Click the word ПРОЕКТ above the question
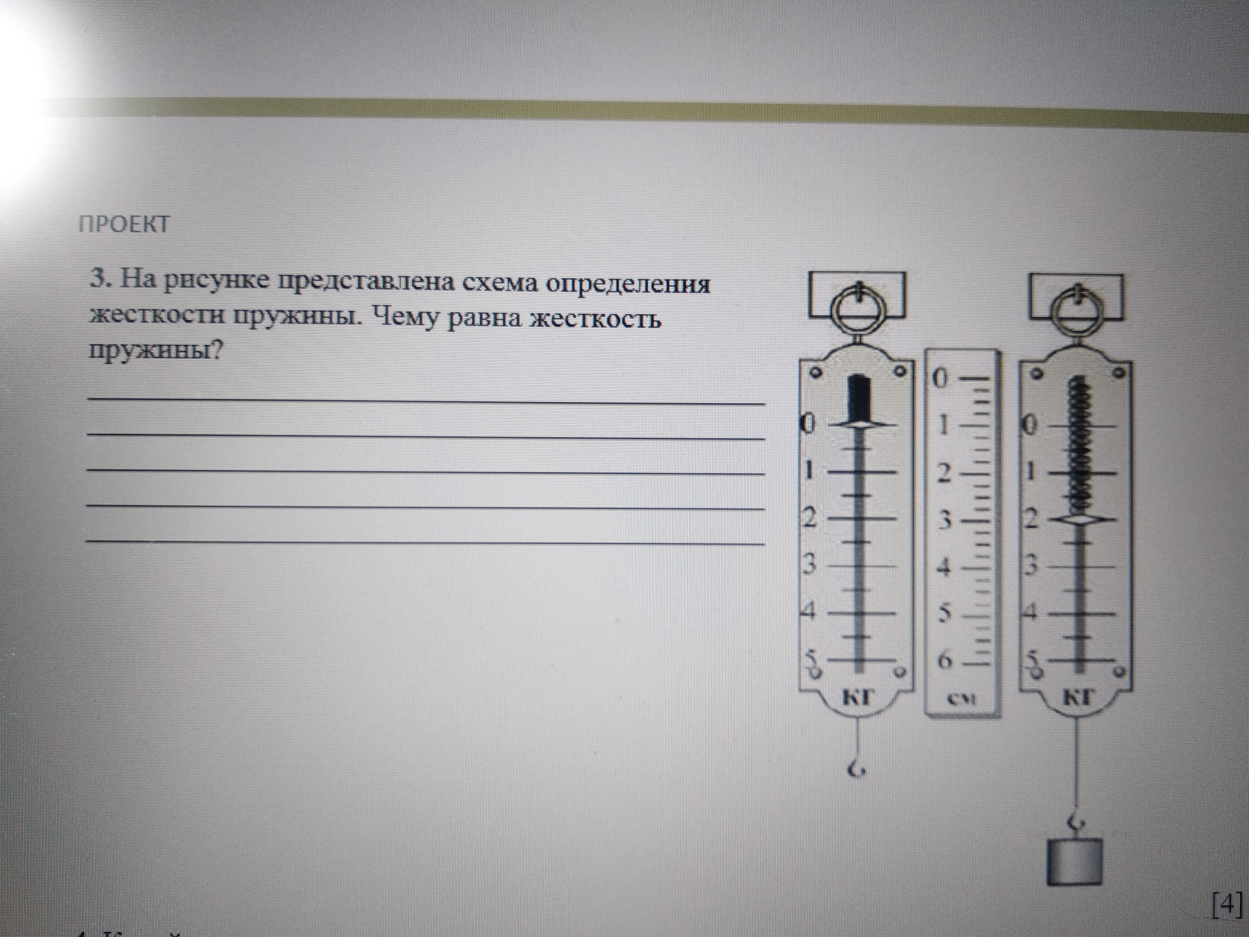pos(124,224)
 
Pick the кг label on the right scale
pos(1076,698)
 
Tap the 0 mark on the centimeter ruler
pos(940,379)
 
